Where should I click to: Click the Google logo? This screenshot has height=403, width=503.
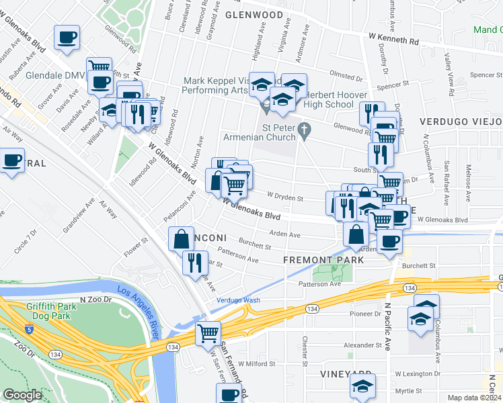(22, 395)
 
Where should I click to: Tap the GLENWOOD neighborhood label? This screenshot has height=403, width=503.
(254, 14)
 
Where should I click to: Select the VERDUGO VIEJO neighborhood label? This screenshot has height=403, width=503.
(460, 121)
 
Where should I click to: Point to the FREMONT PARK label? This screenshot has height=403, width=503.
(317, 259)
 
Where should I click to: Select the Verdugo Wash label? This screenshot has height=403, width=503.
(238, 300)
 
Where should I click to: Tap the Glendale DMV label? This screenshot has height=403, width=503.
(54, 75)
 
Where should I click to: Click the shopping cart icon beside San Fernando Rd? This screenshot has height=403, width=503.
(208, 332)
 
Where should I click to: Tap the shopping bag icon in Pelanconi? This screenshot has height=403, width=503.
(182, 238)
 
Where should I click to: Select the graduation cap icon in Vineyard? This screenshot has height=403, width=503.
(362, 386)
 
